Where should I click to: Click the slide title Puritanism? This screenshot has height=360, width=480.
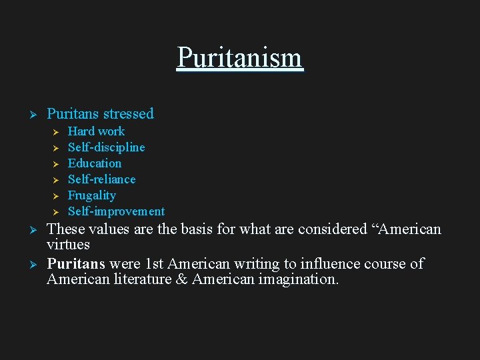click(x=239, y=58)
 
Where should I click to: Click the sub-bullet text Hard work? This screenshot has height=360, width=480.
click(x=96, y=131)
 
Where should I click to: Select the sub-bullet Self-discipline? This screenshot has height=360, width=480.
click(x=106, y=147)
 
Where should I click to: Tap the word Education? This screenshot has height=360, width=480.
click(x=95, y=163)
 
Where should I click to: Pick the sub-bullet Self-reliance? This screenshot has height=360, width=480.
click(x=101, y=179)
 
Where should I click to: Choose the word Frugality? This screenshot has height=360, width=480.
click(x=91, y=195)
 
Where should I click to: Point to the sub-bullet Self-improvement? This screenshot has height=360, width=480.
click(x=116, y=211)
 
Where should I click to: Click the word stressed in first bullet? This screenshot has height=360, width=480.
click(x=128, y=114)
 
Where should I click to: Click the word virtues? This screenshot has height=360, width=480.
click(x=68, y=244)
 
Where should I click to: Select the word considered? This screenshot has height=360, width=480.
click(x=332, y=229)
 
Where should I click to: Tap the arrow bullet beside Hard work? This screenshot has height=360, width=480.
click(x=56, y=132)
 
